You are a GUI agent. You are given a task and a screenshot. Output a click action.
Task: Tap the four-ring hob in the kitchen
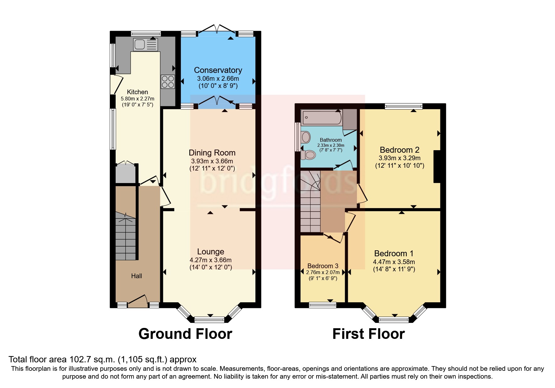[x=168, y=82]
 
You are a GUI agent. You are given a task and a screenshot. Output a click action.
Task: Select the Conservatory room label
[x=218, y=70]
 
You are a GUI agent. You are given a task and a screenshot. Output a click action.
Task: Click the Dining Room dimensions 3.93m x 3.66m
[x=212, y=161]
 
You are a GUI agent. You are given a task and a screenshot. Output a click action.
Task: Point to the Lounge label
[x=211, y=252]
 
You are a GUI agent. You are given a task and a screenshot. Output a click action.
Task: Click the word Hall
[x=136, y=276]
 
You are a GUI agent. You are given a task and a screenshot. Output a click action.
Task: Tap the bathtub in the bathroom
[x=321, y=118]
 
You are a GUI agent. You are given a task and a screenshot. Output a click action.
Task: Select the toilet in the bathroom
[x=308, y=155]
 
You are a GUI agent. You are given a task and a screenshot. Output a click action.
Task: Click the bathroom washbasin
[x=306, y=137]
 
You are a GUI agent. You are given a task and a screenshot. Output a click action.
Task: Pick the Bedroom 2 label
[x=399, y=150]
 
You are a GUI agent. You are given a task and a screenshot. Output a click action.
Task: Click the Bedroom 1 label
[x=394, y=253]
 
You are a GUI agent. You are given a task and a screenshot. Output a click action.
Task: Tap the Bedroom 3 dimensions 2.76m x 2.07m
[x=323, y=272]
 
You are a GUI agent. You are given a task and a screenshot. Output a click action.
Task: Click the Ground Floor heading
[x=185, y=334]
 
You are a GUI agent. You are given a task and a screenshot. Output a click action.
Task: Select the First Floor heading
[x=368, y=334]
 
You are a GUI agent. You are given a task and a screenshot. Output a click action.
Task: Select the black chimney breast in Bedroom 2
[x=437, y=166]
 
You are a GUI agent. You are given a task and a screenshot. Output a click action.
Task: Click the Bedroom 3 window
[x=322, y=305]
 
